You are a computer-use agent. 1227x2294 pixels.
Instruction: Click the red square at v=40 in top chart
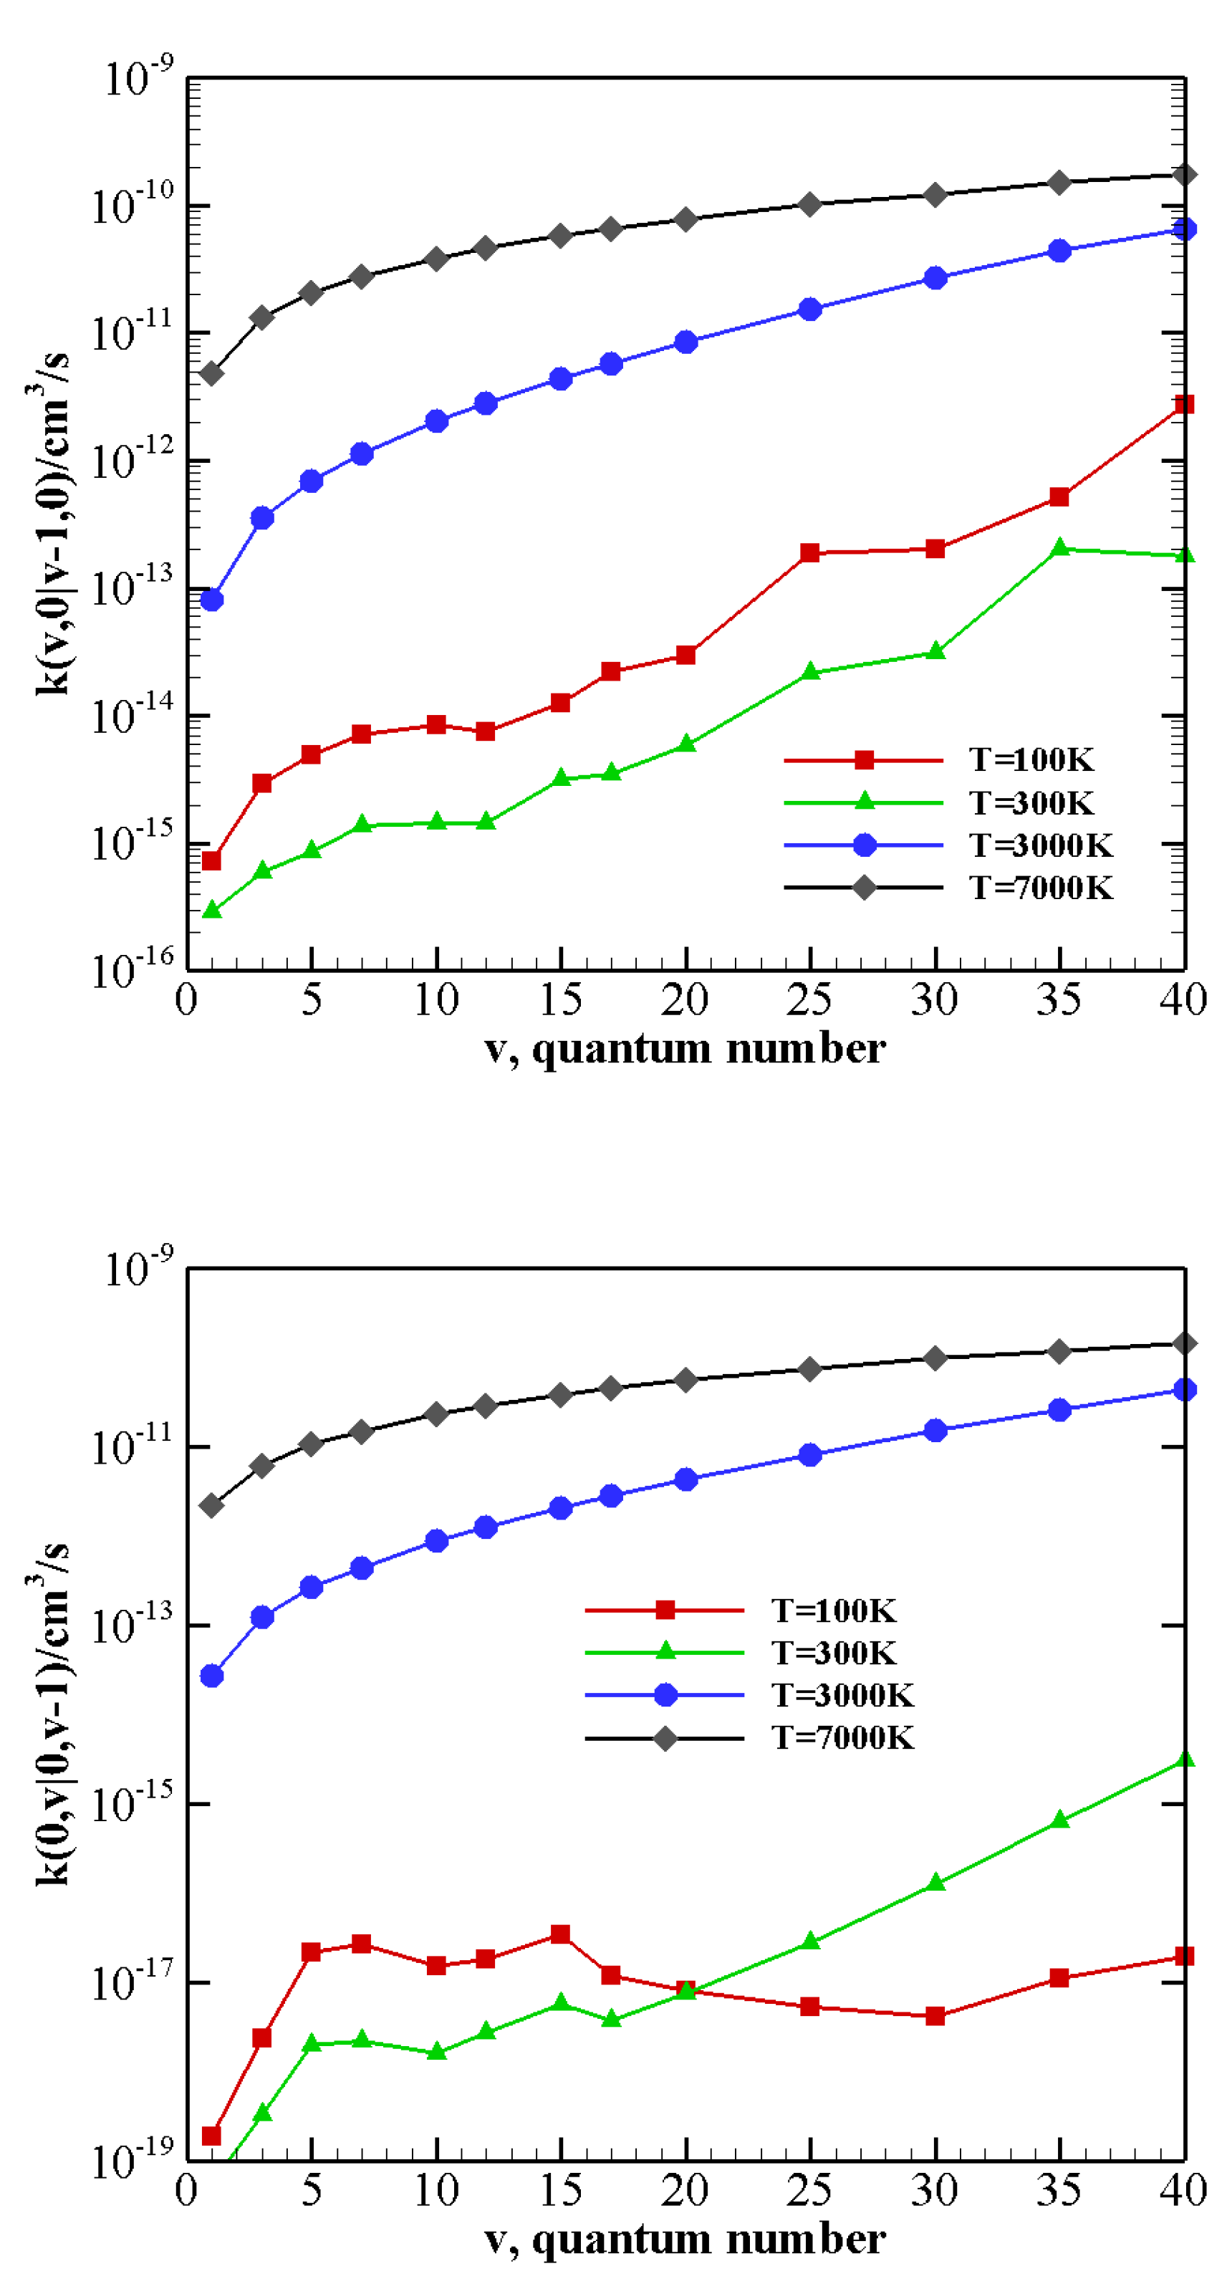(x=1183, y=404)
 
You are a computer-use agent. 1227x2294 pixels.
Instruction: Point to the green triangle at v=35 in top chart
(x=1059, y=547)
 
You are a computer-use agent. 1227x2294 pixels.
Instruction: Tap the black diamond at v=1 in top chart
(x=211, y=373)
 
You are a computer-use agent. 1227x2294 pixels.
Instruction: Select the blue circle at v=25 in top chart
(x=809, y=309)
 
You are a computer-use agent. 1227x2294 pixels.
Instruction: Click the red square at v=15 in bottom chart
(x=560, y=1934)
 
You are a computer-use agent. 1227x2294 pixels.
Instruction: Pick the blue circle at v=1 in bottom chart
(x=211, y=1676)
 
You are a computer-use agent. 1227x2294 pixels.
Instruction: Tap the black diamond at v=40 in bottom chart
(x=1183, y=1343)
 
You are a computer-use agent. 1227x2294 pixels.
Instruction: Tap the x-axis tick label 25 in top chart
(x=809, y=999)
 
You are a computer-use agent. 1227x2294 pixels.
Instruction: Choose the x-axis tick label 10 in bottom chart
(x=436, y=2190)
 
